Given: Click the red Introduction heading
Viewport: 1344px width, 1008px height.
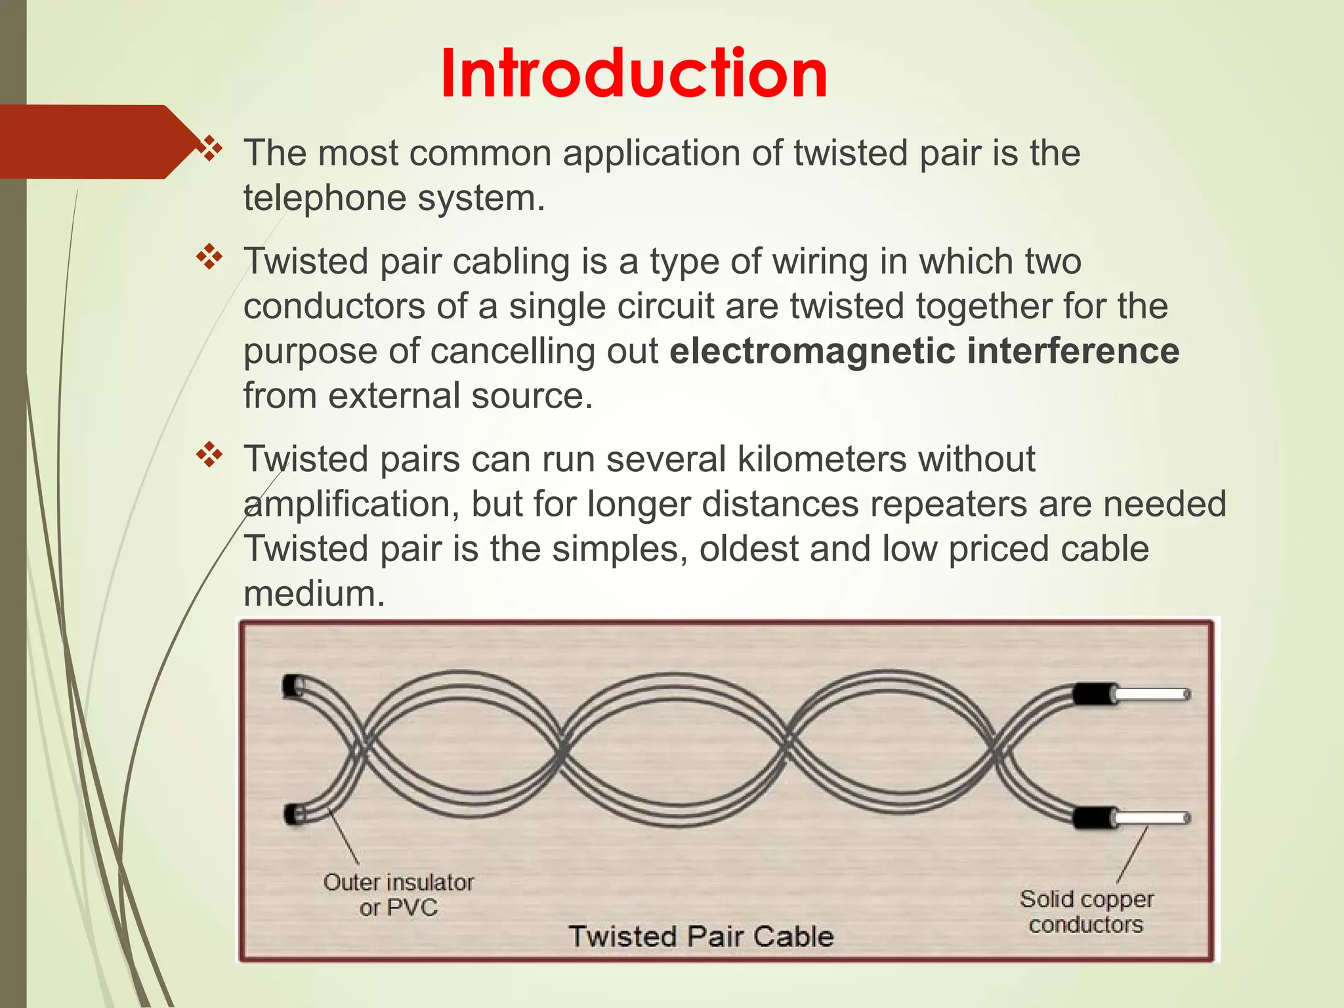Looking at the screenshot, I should point(634,73).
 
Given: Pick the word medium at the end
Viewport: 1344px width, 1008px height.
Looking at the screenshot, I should point(314,594).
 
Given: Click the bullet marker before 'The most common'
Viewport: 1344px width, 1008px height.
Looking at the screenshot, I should point(210,149).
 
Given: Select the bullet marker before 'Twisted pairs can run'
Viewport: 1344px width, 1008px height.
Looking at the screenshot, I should point(210,455).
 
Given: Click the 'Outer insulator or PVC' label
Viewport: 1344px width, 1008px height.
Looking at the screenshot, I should point(398,895).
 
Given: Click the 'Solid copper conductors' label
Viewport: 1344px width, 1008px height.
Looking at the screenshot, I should point(1086,912).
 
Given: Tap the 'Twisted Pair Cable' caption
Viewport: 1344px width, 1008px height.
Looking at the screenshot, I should point(700,936).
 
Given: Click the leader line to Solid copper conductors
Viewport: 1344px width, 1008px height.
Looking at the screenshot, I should point(1133,854).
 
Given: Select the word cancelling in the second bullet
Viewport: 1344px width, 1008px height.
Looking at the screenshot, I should point(513,351).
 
